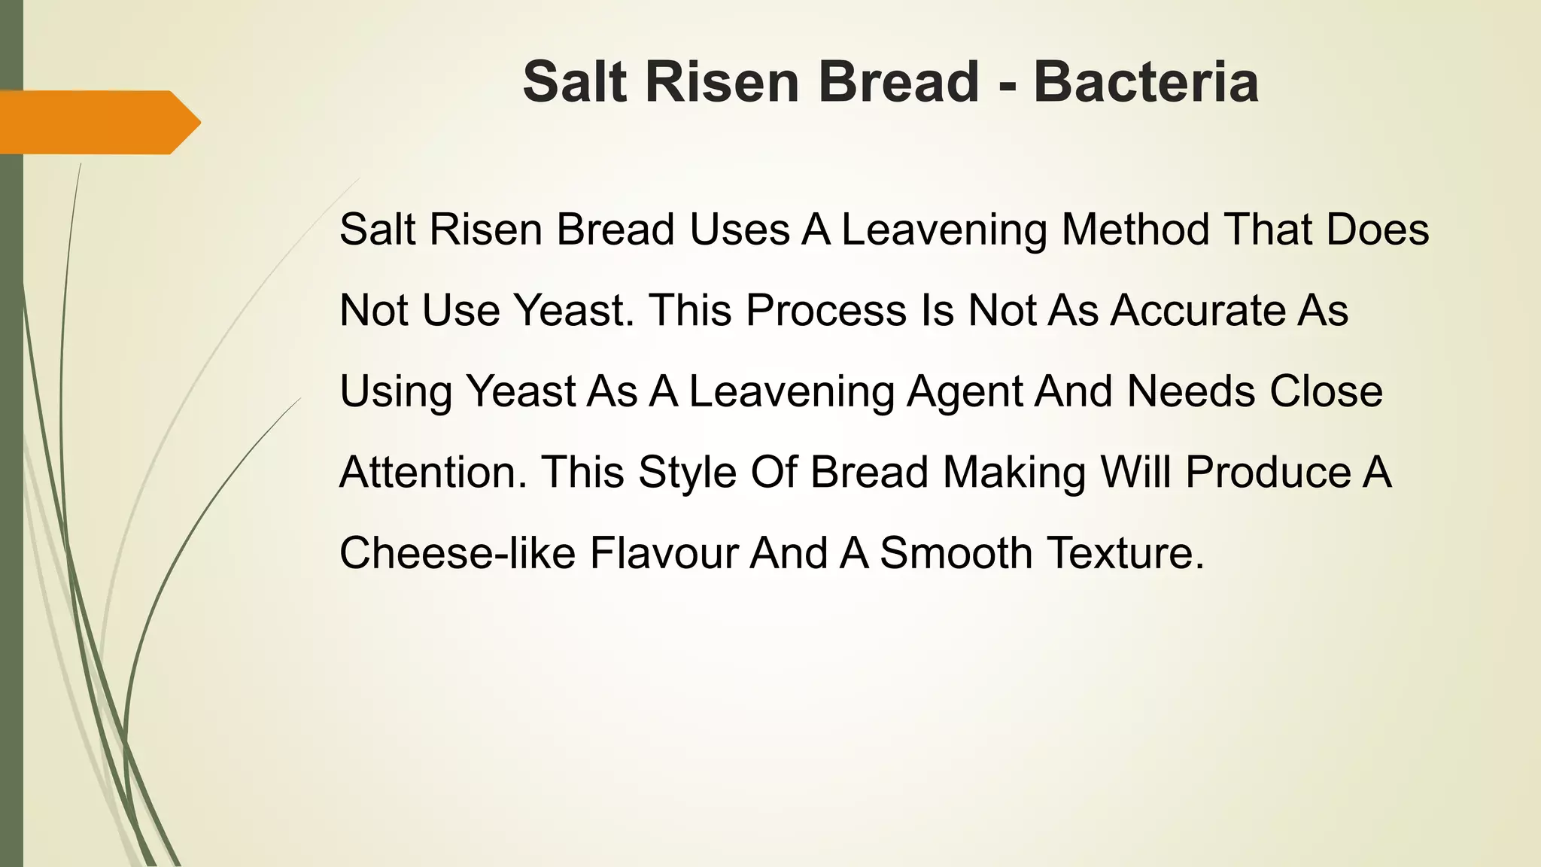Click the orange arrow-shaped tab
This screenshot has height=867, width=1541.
pyautogui.click(x=98, y=122)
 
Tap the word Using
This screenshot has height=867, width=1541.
pyautogui.click(x=396, y=391)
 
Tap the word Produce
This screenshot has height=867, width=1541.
pyautogui.click(x=1268, y=473)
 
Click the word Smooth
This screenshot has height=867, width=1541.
pyautogui.click(x=956, y=553)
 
